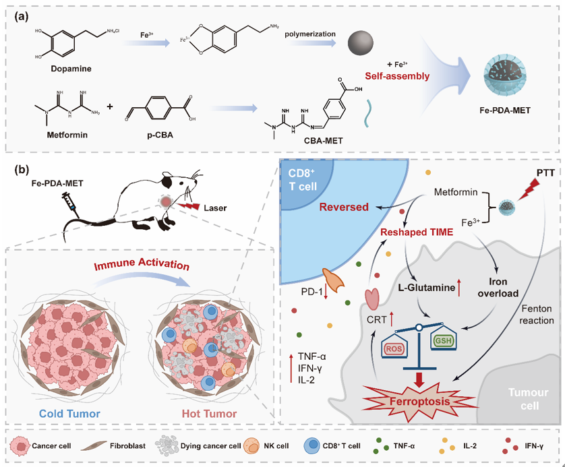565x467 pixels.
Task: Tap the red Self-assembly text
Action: [399, 76]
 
